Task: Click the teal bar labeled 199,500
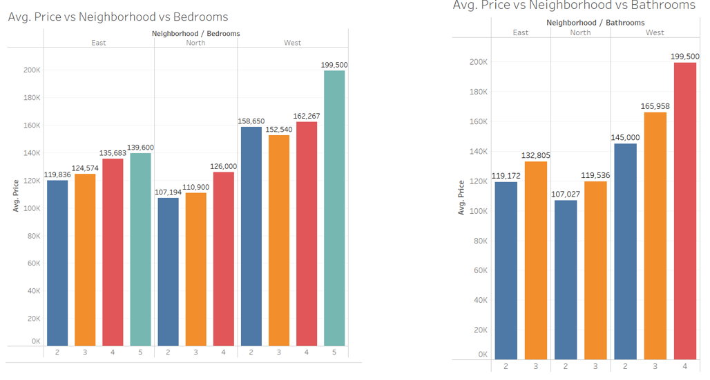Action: (334, 207)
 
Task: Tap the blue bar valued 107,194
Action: (168, 272)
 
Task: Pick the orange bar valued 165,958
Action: (655, 235)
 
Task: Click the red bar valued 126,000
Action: (224, 259)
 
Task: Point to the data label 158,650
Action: (251, 121)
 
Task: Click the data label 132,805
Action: (536, 156)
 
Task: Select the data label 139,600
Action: (141, 148)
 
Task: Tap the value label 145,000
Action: (625, 138)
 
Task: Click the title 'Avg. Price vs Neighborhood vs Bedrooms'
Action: (118, 17)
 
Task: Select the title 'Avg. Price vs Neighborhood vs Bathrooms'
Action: (574, 6)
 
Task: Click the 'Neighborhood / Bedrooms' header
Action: (195, 33)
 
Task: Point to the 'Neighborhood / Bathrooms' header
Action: (595, 23)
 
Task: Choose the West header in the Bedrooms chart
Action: (292, 43)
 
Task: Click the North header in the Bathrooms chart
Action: (580, 32)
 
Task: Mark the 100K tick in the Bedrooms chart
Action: (32, 208)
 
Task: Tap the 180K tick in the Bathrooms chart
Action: (479, 92)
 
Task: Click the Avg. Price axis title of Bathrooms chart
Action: (461, 198)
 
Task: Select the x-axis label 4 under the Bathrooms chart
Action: (685, 366)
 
